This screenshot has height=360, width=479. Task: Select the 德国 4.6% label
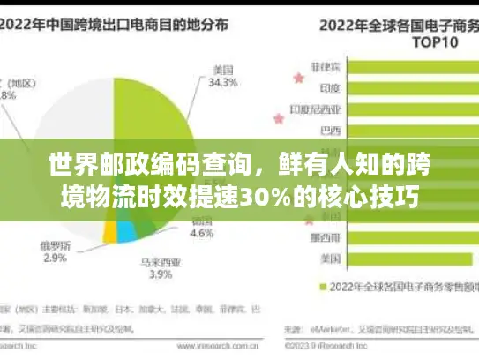click(203, 228)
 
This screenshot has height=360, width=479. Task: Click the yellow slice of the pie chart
click(110, 231)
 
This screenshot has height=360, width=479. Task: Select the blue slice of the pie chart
click(127, 231)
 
